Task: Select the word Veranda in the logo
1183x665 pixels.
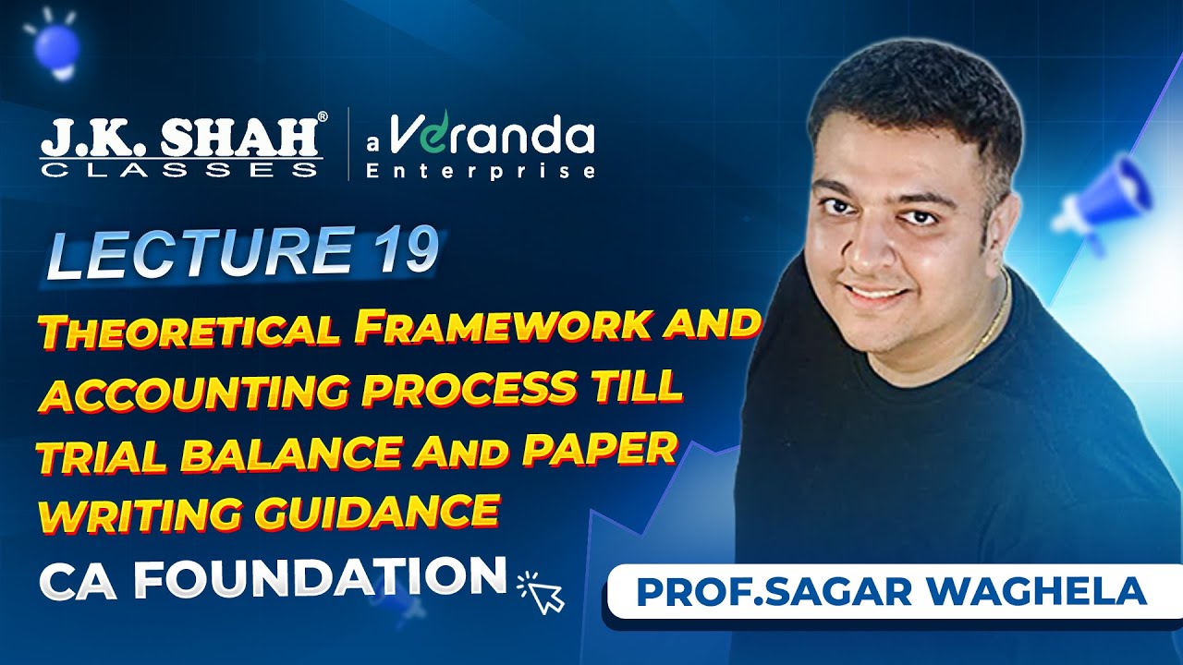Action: click(x=490, y=137)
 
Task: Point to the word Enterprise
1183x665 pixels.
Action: click(x=480, y=171)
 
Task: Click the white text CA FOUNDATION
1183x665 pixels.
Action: click(x=273, y=577)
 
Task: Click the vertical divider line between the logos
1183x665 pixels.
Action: click(x=348, y=143)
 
